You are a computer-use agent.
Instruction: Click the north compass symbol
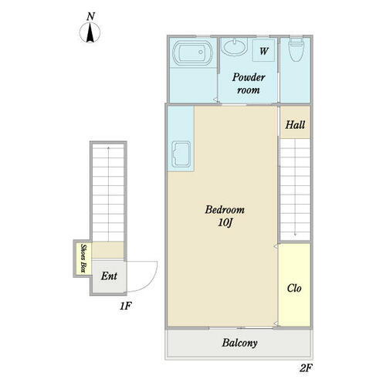pyautogui.click(x=90, y=32)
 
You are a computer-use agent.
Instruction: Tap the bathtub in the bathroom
pyautogui.click(x=193, y=52)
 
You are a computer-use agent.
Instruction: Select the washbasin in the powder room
pyautogui.click(x=234, y=46)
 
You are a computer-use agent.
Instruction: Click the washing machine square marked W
pyautogui.click(x=263, y=51)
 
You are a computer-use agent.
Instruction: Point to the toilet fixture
pyautogui.click(x=296, y=49)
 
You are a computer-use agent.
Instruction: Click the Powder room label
pyautogui.click(x=249, y=83)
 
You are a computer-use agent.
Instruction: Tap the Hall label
pyautogui.click(x=295, y=125)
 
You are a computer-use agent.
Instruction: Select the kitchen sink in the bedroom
pyautogui.click(x=181, y=154)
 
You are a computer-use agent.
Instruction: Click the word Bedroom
pyautogui.click(x=225, y=209)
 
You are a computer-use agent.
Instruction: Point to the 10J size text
pyautogui.click(x=225, y=222)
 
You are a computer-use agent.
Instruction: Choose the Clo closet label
pyautogui.click(x=294, y=288)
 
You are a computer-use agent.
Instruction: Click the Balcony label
pyautogui.click(x=239, y=343)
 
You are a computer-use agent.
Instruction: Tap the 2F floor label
pyautogui.click(x=306, y=368)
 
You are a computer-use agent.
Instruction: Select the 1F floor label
pyautogui.click(x=125, y=306)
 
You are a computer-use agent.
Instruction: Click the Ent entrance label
pyautogui.click(x=109, y=276)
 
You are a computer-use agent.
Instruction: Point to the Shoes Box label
pyautogui.click(x=83, y=258)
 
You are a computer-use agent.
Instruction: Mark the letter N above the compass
pyautogui.click(x=90, y=16)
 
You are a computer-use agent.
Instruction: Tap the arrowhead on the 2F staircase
pyautogui.click(x=295, y=235)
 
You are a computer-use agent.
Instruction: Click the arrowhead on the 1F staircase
pyautogui.click(x=108, y=148)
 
